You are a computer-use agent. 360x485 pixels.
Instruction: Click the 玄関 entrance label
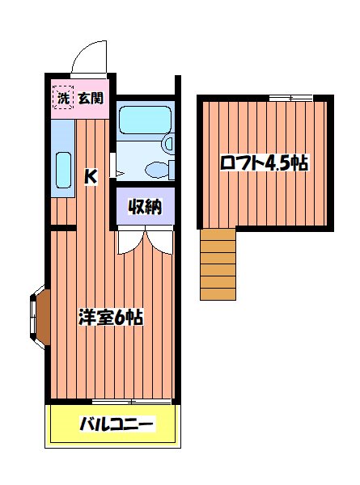click(91, 99)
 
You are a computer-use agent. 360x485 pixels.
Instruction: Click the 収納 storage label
click(145, 206)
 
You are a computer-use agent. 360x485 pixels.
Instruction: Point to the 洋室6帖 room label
click(111, 318)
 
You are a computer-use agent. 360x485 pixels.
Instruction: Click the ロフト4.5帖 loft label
click(265, 162)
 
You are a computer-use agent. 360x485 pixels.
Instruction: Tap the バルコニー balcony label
click(116, 424)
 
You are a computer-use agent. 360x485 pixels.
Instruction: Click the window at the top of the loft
click(290, 98)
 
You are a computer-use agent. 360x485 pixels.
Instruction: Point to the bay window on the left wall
click(38, 315)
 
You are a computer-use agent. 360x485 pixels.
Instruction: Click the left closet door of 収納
click(129, 241)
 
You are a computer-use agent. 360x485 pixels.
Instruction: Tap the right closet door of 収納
click(160, 241)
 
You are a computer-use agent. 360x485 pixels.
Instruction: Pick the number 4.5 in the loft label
click(280, 162)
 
